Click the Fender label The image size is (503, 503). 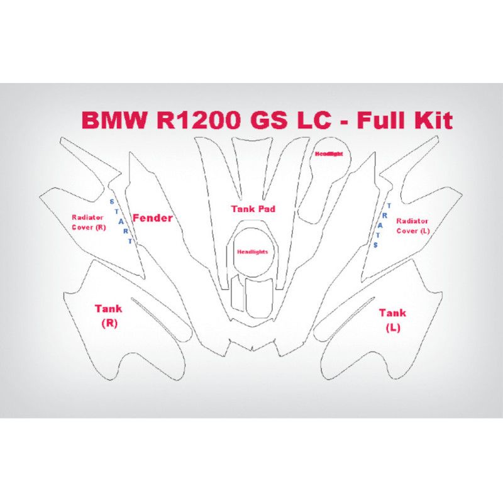pyautogui.click(x=152, y=218)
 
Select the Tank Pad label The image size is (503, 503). pyautogui.click(x=253, y=208)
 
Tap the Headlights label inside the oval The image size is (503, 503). pyautogui.click(x=252, y=251)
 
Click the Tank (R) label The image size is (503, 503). pyautogui.click(x=109, y=314)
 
